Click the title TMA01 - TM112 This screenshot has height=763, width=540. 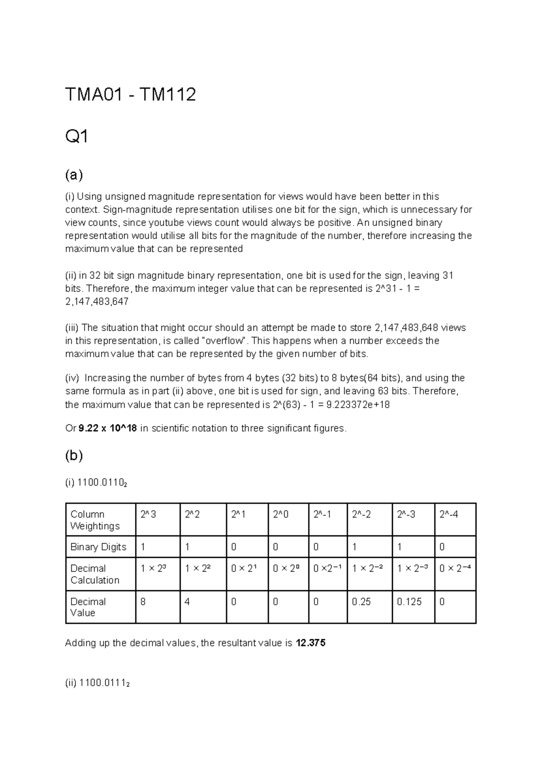[x=130, y=95]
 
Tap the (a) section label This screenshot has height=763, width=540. [x=74, y=175]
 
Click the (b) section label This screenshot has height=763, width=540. [x=74, y=456]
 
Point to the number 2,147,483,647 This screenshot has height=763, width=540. [x=97, y=302]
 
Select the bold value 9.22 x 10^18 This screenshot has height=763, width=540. [x=108, y=428]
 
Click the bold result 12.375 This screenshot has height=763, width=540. [x=310, y=643]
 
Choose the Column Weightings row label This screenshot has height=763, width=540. [x=95, y=520]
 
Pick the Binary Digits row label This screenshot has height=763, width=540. [x=98, y=547]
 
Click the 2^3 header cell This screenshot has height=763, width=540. [x=148, y=514]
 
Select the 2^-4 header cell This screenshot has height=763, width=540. [x=449, y=514]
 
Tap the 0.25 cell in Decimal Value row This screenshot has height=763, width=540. [x=361, y=601]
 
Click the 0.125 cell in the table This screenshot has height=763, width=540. [x=409, y=601]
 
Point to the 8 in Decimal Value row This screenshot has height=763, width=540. [x=143, y=601]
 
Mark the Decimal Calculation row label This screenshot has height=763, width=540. [x=95, y=574]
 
